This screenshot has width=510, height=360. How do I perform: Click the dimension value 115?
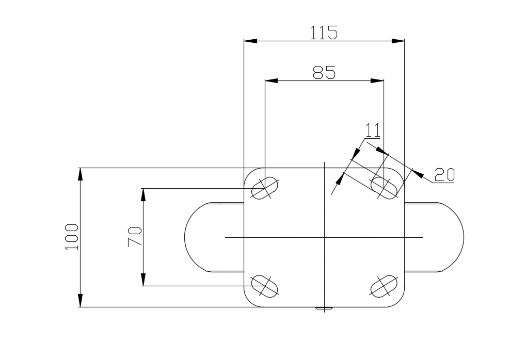[324, 32]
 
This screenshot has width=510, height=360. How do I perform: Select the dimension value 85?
[324, 72]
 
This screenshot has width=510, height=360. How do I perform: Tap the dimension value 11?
[373, 130]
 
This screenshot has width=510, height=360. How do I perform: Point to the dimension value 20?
[444, 175]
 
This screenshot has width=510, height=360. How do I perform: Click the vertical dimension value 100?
[72, 237]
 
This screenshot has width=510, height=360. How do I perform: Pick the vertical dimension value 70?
[135, 237]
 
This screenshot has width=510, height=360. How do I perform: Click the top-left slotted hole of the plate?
[265, 188]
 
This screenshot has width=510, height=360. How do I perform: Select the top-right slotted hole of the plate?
[384, 188]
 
